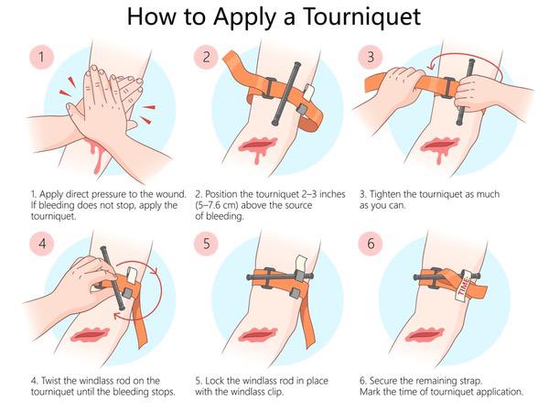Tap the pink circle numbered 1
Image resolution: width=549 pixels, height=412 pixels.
coord(39,59)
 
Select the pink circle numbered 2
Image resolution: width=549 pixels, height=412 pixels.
coord(208,59)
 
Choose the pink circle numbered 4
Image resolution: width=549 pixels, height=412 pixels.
coord(39,244)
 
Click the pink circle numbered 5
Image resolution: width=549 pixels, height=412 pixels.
coord(208,244)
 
